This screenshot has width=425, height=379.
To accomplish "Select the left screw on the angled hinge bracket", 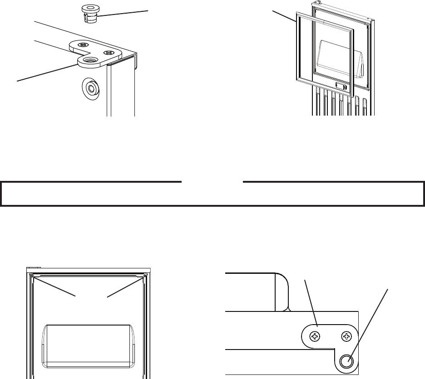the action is point(83,45).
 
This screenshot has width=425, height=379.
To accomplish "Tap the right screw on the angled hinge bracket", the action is point(109,53).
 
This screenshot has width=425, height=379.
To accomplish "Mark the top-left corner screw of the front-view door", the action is point(30,276).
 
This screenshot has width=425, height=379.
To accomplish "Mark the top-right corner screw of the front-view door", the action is point(145,276).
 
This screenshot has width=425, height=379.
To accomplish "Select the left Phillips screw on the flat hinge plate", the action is point(314,337).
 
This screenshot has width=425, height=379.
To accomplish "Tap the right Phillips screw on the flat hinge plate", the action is point(347,337).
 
